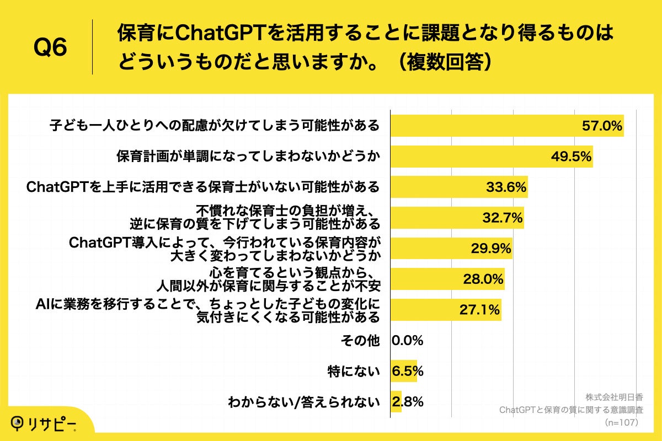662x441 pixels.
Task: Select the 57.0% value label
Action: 602,126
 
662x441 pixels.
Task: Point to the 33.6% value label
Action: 506,187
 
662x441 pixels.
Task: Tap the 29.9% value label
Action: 490,249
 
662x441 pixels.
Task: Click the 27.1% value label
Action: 480,310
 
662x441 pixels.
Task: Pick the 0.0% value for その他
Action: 407,341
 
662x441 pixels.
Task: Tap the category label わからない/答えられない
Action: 304,402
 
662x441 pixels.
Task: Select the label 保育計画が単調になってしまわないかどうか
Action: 248,157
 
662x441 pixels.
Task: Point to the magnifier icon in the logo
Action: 18,422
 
